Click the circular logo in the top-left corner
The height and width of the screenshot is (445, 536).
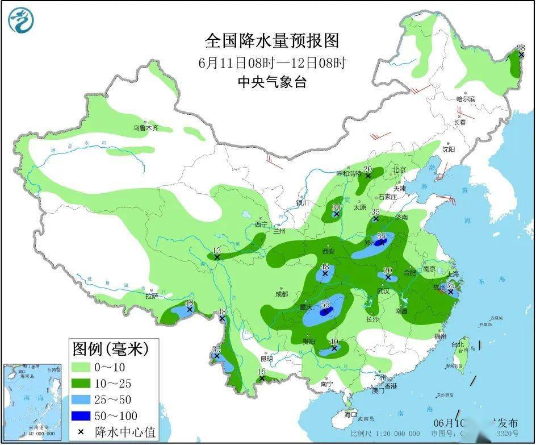pyautogui.click(x=21, y=20)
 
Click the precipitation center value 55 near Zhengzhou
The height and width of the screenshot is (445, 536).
pyautogui.click(x=382, y=236)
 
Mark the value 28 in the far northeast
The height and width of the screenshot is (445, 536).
pyautogui.click(x=521, y=48)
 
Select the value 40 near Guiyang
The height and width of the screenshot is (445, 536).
pyautogui.click(x=334, y=341)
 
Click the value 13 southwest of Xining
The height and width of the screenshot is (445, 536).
pyautogui.click(x=216, y=250)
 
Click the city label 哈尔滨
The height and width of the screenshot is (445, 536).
pyautogui.click(x=465, y=99)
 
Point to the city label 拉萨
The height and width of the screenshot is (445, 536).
pyautogui.click(x=151, y=296)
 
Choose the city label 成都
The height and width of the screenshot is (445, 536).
pyautogui.click(x=282, y=294)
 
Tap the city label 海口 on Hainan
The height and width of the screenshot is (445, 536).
pyautogui.click(x=350, y=414)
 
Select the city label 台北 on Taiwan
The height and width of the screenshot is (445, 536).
pyautogui.click(x=457, y=344)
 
